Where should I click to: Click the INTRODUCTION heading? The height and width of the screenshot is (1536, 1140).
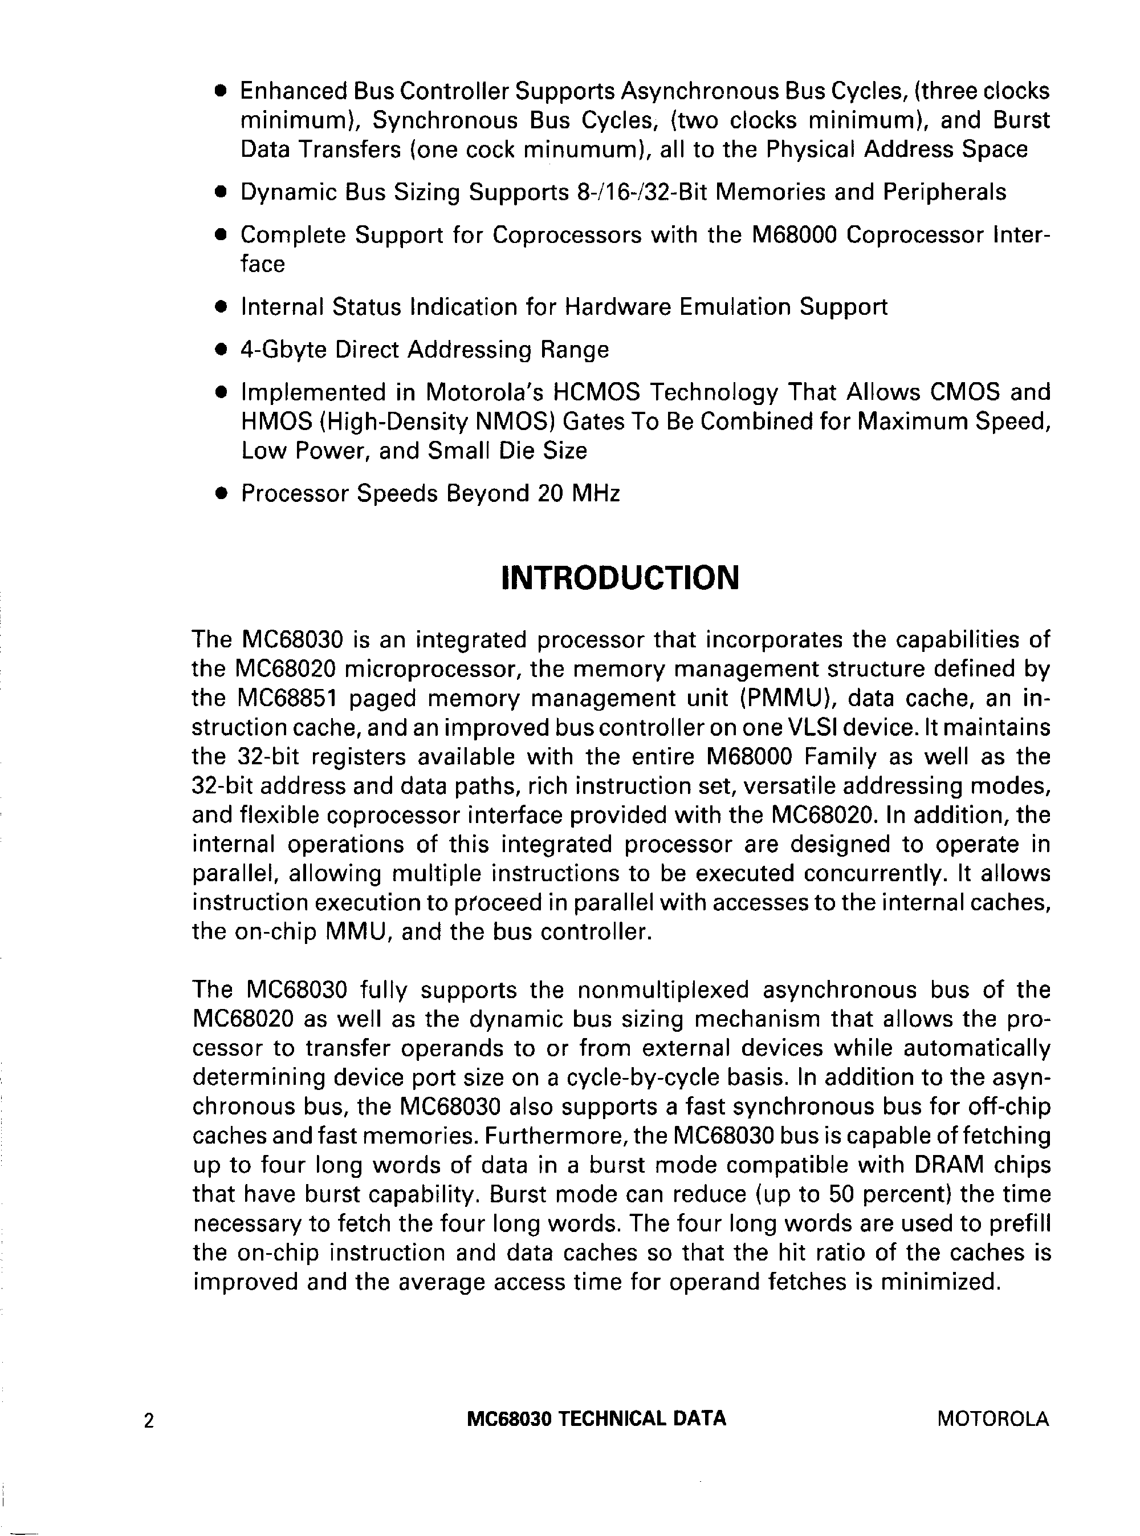(x=619, y=578)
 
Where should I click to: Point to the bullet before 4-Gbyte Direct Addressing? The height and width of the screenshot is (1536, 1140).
(x=221, y=351)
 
